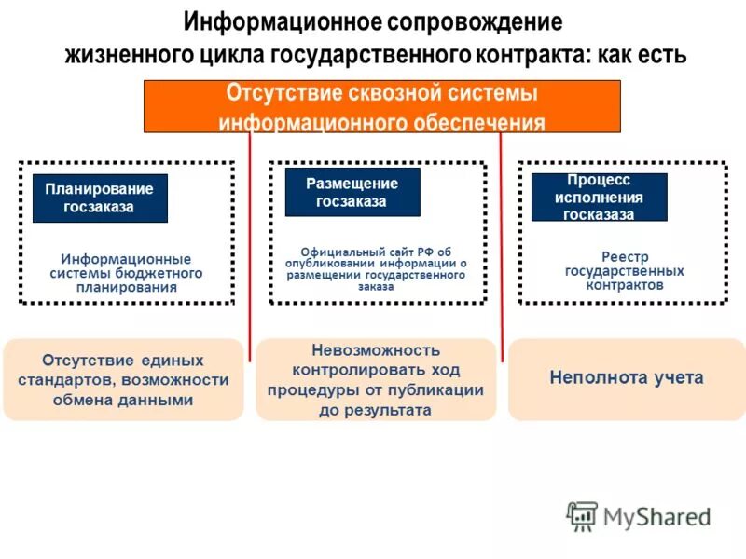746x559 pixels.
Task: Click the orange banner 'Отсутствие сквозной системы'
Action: (x=381, y=105)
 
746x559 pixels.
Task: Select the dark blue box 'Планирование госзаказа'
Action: (x=100, y=198)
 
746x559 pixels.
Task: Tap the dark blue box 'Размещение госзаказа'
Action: (x=352, y=192)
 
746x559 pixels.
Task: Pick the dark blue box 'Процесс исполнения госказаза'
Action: (x=599, y=197)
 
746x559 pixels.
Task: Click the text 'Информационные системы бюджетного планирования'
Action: (x=126, y=273)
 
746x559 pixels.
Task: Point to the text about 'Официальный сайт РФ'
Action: (x=377, y=269)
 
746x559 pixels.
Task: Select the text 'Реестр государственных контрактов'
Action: (x=624, y=271)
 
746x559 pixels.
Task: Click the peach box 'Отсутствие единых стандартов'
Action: (x=123, y=380)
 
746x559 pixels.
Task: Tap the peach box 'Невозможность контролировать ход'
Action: (x=376, y=379)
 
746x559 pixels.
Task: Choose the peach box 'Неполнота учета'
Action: (x=626, y=378)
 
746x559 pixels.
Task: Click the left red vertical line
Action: (x=250, y=242)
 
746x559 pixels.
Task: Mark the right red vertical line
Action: (x=502, y=242)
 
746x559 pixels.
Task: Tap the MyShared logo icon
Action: (x=582, y=516)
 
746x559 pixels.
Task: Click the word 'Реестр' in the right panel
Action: (x=625, y=257)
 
